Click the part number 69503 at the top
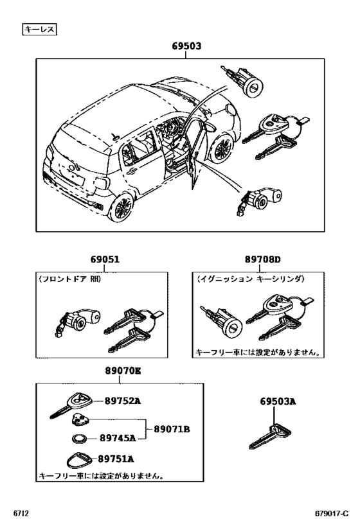[x=186, y=46]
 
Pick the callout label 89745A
[x=117, y=438]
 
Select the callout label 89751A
[x=116, y=459]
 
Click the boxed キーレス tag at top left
[x=39, y=29]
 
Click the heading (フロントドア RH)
[x=69, y=280]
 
